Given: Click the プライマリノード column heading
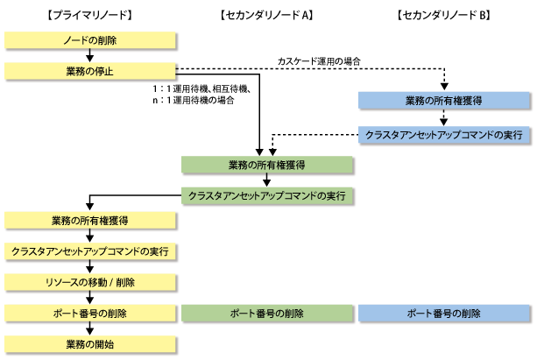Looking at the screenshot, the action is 89,15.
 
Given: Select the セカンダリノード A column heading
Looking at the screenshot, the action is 267,15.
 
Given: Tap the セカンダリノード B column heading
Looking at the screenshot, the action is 444,15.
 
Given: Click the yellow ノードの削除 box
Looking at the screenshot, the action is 90,40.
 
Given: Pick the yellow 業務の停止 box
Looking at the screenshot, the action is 90,71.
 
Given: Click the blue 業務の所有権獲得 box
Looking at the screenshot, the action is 444,101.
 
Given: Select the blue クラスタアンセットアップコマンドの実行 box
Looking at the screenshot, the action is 444,135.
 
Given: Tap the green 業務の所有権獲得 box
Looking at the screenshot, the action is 267,165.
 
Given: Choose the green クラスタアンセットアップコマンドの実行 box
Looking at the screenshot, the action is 267,195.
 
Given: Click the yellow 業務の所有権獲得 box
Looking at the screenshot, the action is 90,220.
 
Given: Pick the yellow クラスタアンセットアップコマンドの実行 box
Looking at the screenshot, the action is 90,251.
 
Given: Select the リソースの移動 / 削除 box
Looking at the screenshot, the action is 90,282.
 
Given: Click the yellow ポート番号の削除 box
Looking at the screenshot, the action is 90,313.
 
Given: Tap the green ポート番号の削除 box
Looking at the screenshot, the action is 267,313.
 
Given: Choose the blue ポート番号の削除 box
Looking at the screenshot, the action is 444,313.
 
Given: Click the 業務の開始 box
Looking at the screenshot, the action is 90,344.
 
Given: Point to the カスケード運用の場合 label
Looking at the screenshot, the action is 319,61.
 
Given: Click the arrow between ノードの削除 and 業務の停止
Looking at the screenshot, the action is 89,56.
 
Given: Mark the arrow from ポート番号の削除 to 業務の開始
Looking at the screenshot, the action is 89,328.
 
